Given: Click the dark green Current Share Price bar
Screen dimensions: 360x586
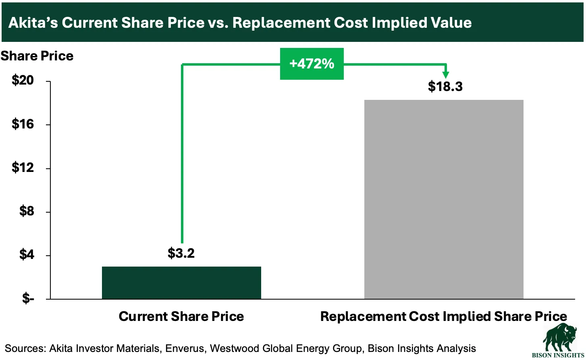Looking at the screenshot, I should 181,283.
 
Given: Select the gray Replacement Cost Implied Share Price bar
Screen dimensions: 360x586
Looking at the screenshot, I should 444,199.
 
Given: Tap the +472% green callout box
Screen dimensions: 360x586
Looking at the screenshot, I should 312,64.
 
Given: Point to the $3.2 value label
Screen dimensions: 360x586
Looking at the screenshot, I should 181,253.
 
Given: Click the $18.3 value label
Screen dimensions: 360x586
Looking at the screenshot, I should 445,87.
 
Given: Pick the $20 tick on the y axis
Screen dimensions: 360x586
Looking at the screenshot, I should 23,81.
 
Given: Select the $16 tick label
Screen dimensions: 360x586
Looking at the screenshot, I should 23,124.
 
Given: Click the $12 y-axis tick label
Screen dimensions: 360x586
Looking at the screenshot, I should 23,168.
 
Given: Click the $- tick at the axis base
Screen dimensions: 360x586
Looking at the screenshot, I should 28,298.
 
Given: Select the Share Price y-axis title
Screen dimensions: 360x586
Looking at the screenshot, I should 37,56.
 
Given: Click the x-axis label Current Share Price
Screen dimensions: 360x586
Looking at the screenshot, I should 181,317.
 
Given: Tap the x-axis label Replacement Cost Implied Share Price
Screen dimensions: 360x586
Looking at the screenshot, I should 444,317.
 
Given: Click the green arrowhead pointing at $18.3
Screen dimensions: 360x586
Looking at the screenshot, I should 446,75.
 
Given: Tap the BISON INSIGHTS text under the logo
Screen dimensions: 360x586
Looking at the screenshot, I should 559,355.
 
